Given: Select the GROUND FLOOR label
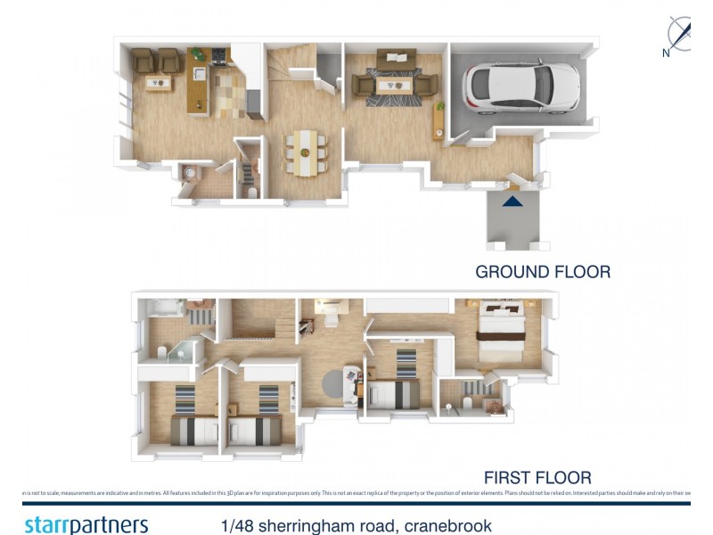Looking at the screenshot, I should pyautogui.click(x=543, y=272).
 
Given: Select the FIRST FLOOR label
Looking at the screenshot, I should pyautogui.click(x=537, y=477).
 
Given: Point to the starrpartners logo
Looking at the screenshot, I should pyautogui.click(x=86, y=523).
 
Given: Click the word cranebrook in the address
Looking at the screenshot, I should pyautogui.click(x=442, y=525).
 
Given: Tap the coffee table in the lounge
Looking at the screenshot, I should pyautogui.click(x=393, y=85).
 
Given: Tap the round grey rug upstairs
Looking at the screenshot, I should pyautogui.click(x=338, y=383).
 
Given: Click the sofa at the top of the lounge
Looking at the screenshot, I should pyautogui.click(x=393, y=61).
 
